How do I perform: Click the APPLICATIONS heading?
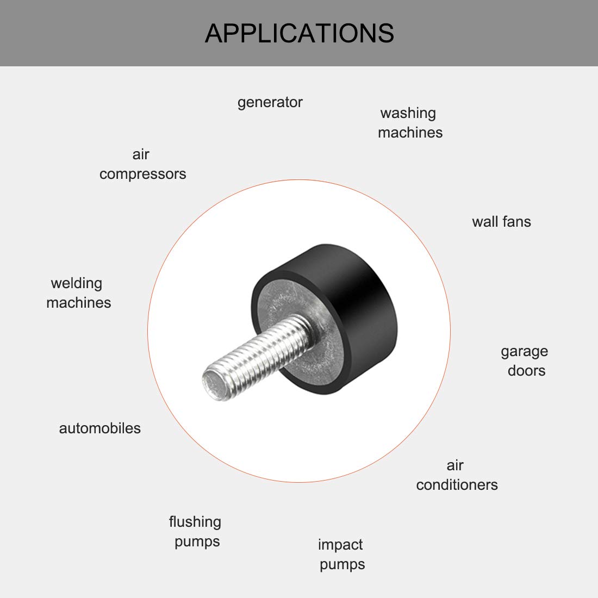click(x=299, y=33)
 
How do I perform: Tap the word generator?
click(x=270, y=103)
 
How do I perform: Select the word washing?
click(x=408, y=113)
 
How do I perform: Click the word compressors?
click(x=142, y=175)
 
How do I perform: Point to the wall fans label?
click(x=501, y=222)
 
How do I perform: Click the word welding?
click(x=76, y=284)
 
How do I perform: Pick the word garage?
click(x=524, y=352)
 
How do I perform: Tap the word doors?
click(x=526, y=371)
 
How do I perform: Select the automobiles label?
click(x=99, y=428)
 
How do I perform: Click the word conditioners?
click(x=457, y=485)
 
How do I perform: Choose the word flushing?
click(x=195, y=522)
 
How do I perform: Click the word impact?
click(x=340, y=545)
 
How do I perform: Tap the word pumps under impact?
click(x=342, y=565)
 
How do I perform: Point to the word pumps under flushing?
click(x=197, y=542)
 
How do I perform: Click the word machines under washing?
click(x=410, y=133)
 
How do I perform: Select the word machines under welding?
click(x=78, y=303)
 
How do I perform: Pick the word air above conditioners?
click(x=455, y=465)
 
